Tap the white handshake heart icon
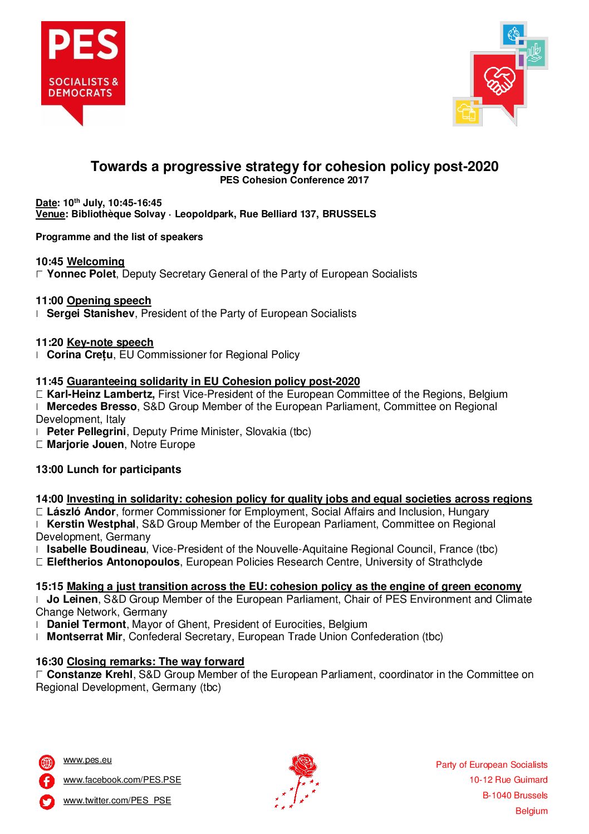click(499, 80)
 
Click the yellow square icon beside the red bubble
click(467, 111)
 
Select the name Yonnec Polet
click(81, 274)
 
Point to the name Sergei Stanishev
click(90, 314)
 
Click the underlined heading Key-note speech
click(110, 343)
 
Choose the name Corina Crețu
click(80, 355)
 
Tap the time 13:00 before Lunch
click(50, 470)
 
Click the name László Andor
click(81, 512)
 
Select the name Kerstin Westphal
click(91, 524)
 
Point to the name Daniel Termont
click(86, 625)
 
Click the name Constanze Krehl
click(90, 675)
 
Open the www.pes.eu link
click(87, 760)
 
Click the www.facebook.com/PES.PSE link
click(122, 780)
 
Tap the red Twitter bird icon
click(47, 802)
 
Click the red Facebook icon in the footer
click(47, 781)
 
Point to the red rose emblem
click(298, 780)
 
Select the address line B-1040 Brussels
click(514, 796)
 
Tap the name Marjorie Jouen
click(85, 445)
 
